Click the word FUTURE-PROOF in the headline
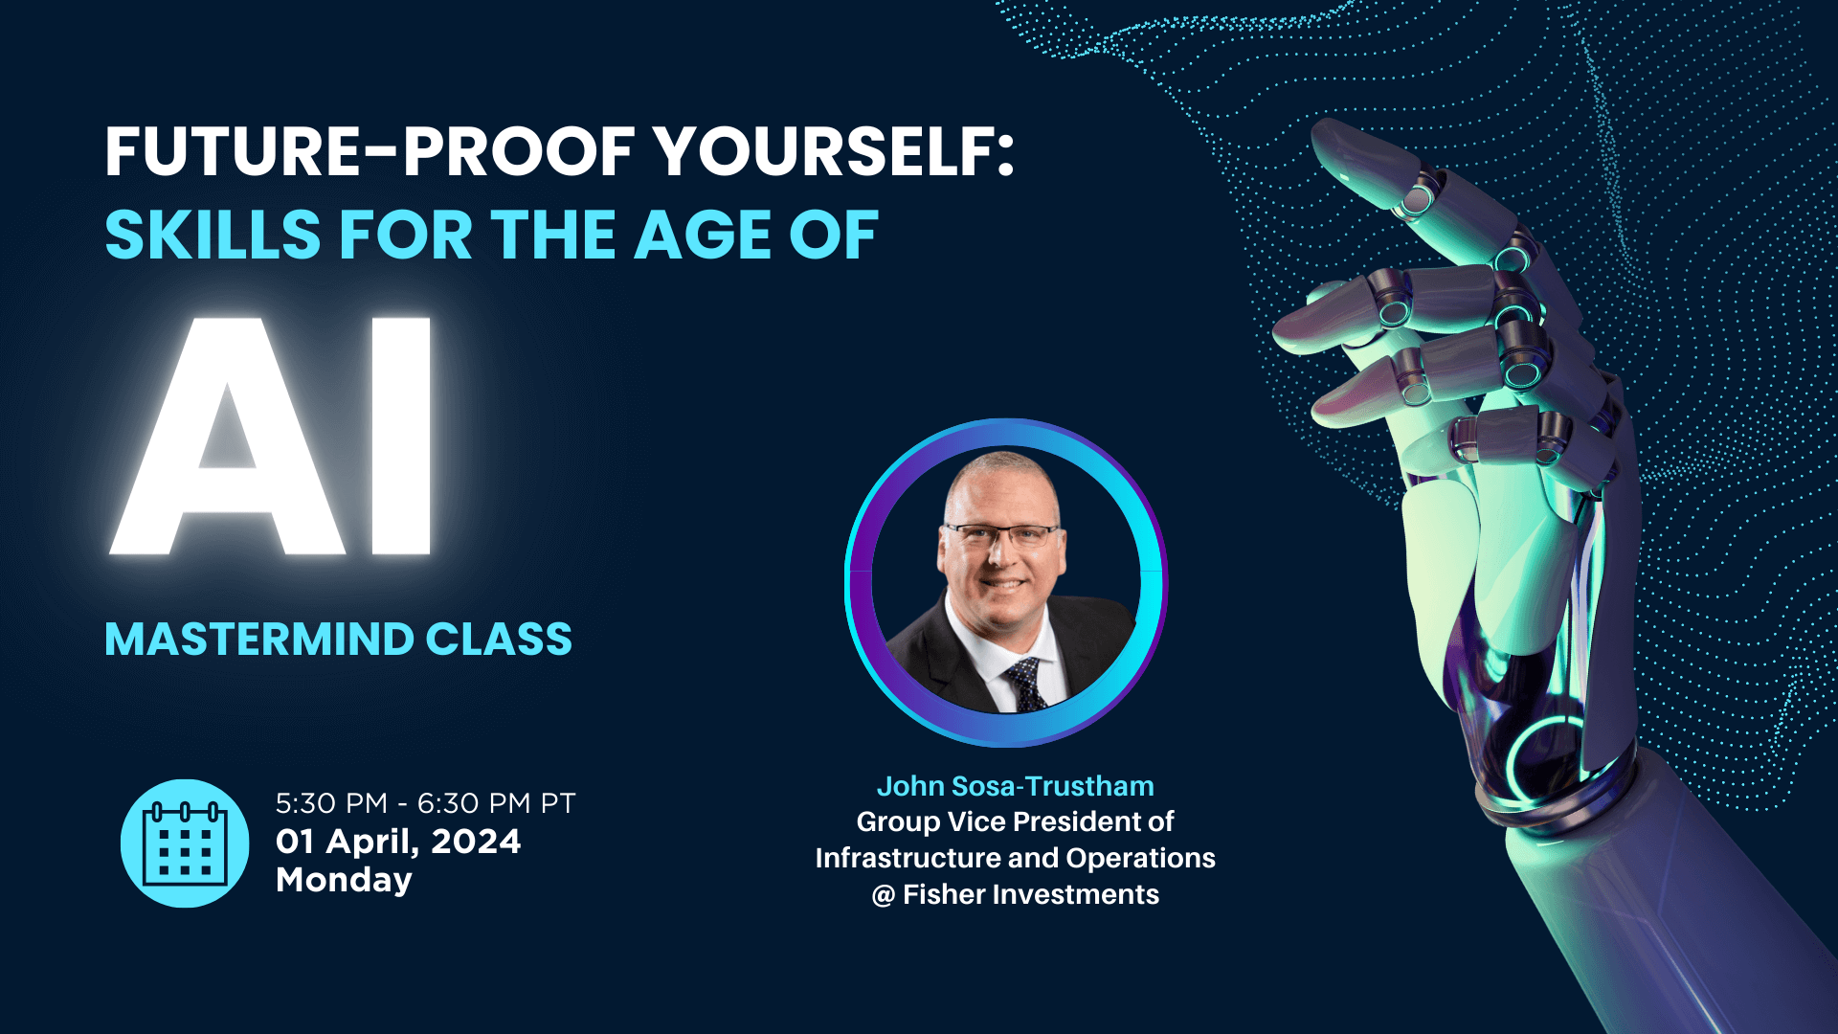(370, 152)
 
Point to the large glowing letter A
(227, 436)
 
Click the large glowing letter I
(401, 436)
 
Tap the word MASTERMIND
(258, 640)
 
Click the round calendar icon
(185, 843)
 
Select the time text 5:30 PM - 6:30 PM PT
(426, 803)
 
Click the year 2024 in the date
(476, 842)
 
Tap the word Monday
(344, 881)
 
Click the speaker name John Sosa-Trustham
(1016, 786)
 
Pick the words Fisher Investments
(1031, 894)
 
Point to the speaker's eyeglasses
(1000, 534)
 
